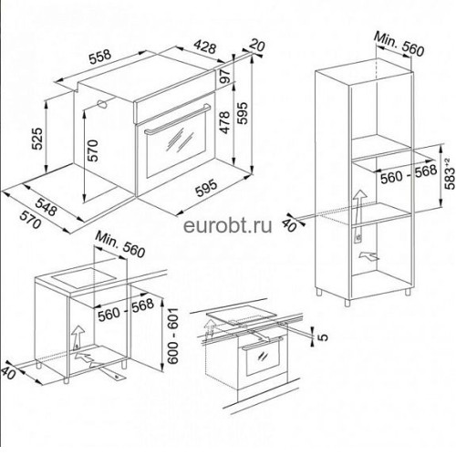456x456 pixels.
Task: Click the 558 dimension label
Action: [100, 57]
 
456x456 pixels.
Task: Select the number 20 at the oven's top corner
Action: [258, 45]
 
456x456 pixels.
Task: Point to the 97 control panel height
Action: [224, 76]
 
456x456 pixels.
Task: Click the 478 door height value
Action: [224, 122]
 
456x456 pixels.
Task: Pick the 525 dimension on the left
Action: [37, 139]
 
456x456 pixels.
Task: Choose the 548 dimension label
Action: [46, 206]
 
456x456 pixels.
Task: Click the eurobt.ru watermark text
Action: [228, 225]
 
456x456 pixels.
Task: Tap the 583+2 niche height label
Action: [451, 173]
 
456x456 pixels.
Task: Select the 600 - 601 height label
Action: [172, 336]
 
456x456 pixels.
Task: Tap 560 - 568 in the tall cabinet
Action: [409, 174]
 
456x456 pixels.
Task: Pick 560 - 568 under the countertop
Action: [126, 309]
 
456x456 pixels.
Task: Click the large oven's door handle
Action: [177, 119]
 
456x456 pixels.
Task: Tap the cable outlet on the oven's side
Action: [102, 104]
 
